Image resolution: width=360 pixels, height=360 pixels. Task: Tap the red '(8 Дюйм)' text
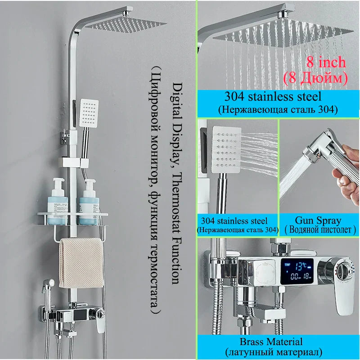click(315, 78)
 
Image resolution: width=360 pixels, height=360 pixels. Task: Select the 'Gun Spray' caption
click(318, 220)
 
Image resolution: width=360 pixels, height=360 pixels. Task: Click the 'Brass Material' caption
click(278, 342)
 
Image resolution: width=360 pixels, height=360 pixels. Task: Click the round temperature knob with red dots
click(345, 272)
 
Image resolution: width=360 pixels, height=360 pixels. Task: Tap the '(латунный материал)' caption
click(278, 352)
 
